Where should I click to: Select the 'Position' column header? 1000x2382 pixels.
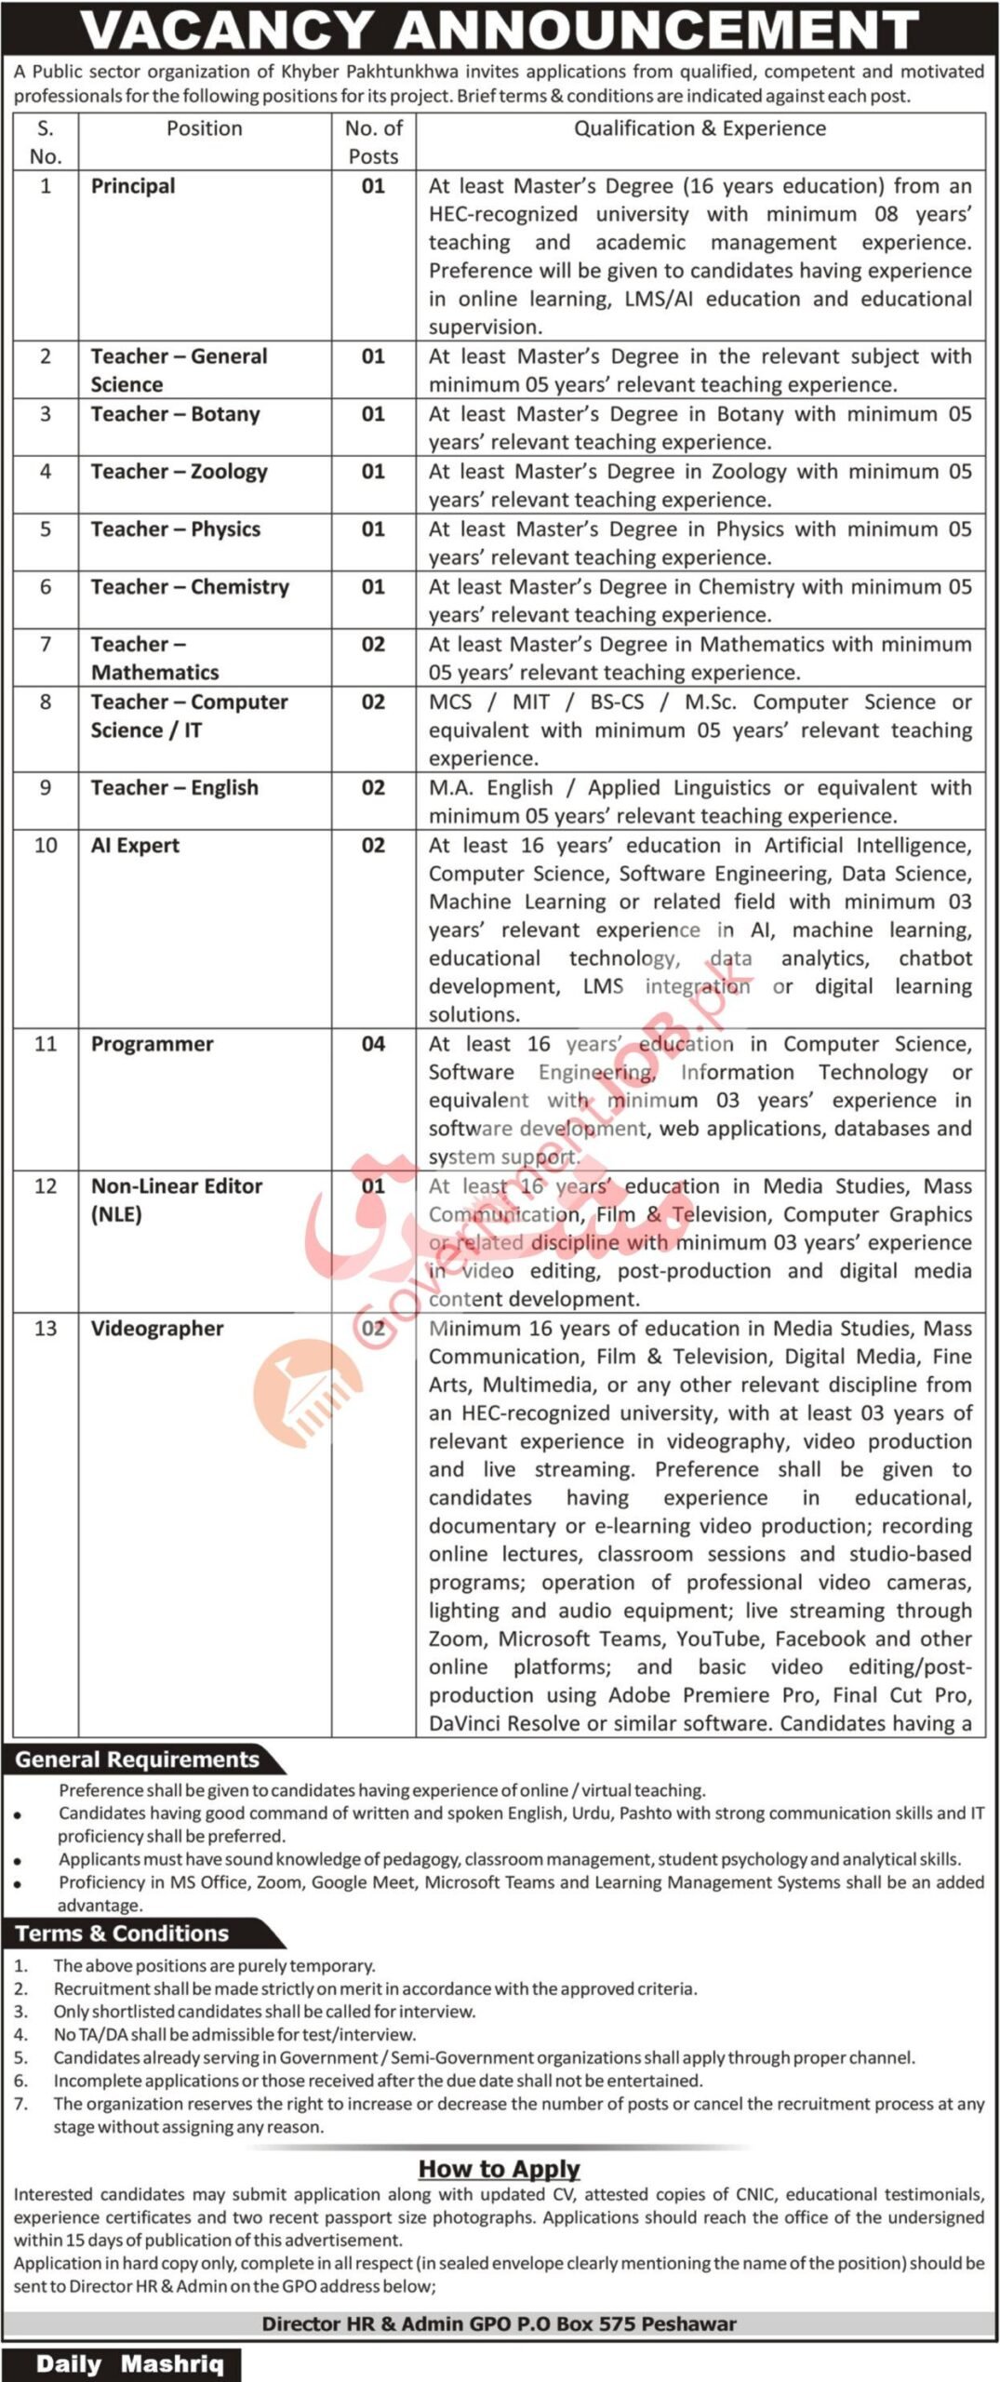[205, 128]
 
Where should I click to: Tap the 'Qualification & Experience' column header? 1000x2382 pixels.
[700, 128]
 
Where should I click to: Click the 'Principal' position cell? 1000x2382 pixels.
[133, 186]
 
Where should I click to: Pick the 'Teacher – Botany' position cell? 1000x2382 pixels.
[175, 414]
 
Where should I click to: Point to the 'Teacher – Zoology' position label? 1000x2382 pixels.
[179, 472]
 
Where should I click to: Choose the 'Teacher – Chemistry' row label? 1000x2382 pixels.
[190, 587]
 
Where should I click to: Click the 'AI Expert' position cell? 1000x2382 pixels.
[135, 846]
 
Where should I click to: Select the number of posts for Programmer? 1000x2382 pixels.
[373, 1044]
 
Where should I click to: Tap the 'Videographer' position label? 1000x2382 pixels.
[157, 1329]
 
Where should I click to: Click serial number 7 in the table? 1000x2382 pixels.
[45, 644]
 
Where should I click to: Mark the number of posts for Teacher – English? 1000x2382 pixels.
[373, 788]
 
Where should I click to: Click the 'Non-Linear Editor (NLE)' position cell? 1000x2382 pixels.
[177, 1199]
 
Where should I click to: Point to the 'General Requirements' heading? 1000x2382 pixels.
[138, 1760]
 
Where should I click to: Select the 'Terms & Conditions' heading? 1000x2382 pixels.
[122, 1934]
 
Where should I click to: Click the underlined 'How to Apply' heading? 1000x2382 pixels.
[500, 2169]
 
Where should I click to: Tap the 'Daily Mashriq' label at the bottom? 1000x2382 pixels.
[129, 2364]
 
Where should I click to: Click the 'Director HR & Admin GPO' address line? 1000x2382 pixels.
[500, 2323]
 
